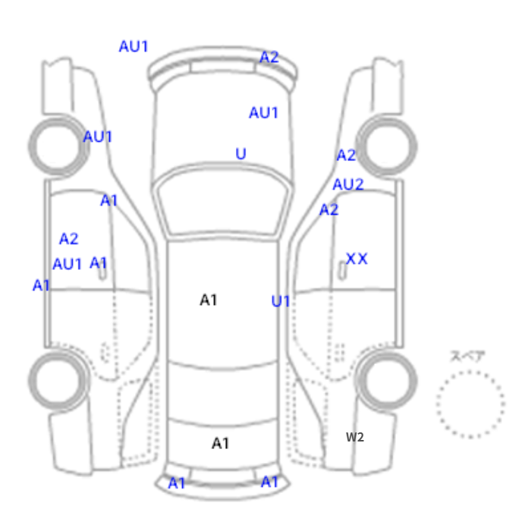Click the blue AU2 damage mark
click(348, 184)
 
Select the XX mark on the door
click(357, 259)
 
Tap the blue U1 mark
click(281, 301)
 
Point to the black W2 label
click(355, 437)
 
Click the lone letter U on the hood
click(240, 154)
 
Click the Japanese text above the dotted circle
click(468, 357)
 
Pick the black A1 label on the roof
click(209, 300)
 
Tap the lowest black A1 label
click(221, 443)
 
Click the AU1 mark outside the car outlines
click(134, 46)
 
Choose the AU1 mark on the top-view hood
click(263, 113)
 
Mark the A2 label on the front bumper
click(269, 57)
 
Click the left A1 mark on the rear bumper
click(177, 483)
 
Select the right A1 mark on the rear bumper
click(269, 482)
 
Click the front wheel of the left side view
click(58, 146)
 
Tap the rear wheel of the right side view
click(387, 380)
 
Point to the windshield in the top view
click(222, 200)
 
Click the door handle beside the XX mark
click(342, 270)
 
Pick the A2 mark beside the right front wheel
click(346, 156)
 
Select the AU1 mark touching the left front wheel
click(98, 137)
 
